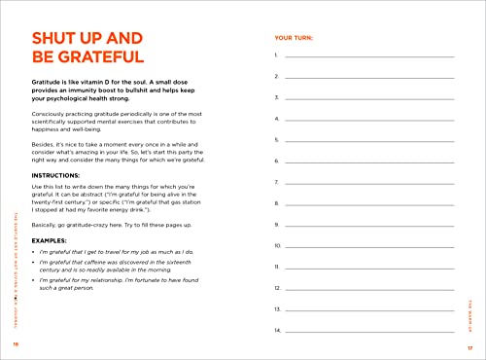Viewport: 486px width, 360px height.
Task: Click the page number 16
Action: [x=16, y=345]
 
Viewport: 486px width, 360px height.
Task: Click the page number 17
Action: [x=469, y=345]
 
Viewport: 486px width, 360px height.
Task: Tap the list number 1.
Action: [x=277, y=55]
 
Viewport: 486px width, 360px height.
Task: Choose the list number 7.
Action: [x=277, y=182]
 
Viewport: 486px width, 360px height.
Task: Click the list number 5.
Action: [x=277, y=140]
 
